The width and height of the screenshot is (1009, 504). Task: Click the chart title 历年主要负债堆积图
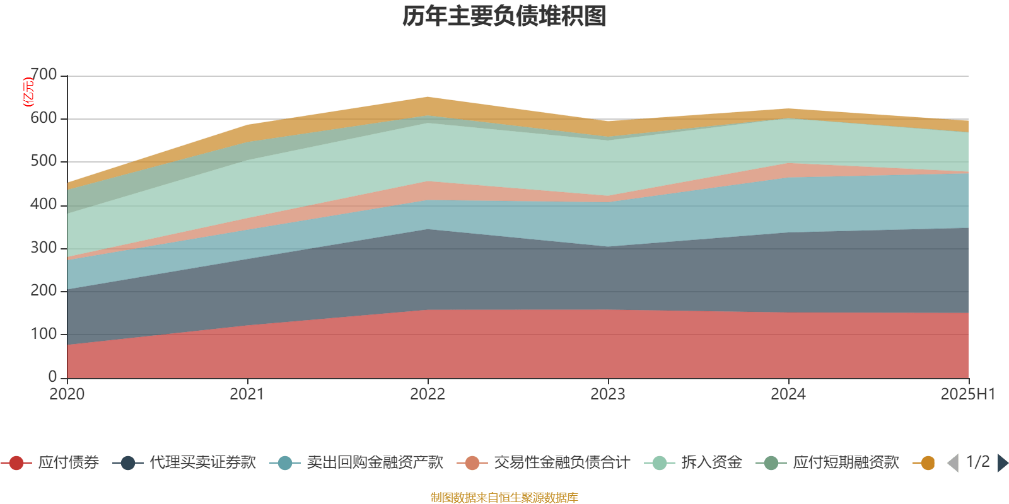point(504,16)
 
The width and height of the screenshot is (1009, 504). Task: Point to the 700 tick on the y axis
point(44,75)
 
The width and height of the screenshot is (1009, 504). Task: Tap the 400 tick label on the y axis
point(44,204)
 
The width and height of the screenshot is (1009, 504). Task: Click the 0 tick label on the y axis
point(52,377)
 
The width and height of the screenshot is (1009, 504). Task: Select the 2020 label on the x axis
point(67,394)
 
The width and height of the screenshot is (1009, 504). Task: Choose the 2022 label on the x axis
point(428,394)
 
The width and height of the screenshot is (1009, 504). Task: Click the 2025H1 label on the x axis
point(967,394)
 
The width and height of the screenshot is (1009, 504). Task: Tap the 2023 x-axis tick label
point(608,394)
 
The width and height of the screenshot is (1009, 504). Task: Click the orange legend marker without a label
point(927,463)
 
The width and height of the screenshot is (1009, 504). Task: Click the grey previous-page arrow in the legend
point(953,463)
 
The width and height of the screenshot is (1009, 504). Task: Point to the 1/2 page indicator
point(977,462)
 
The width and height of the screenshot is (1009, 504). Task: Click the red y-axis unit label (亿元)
point(28,92)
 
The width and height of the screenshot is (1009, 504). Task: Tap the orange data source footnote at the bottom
point(504,498)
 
